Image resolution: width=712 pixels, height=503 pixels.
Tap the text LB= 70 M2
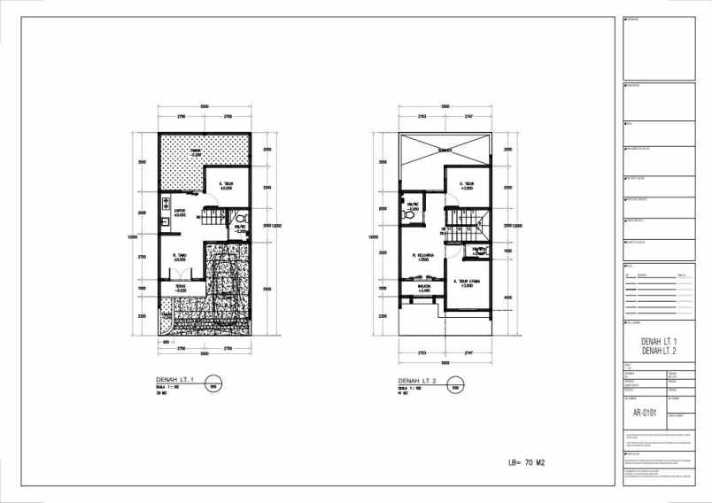(x=532, y=462)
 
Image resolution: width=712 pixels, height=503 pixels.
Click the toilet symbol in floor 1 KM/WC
(x=239, y=217)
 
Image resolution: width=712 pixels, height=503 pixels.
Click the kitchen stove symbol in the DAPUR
(x=166, y=205)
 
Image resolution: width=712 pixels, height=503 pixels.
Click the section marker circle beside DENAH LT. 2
(x=455, y=385)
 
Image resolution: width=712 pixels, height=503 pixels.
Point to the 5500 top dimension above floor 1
(x=204, y=105)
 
